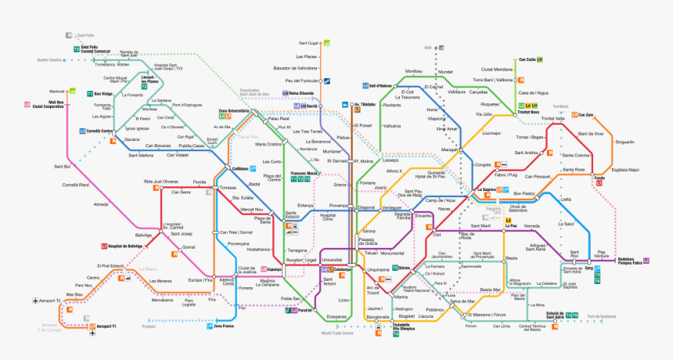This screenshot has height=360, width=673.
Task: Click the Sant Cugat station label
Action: tap(309, 43)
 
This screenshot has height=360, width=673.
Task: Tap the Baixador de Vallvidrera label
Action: tap(301, 69)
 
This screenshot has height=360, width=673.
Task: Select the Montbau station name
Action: tap(413, 71)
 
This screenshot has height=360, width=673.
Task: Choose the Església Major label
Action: tap(625, 169)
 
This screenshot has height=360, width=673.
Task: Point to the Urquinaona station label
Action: tap(379, 269)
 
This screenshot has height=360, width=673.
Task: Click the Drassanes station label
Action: tap(337, 316)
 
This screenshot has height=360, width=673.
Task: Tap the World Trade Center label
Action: tap(337, 333)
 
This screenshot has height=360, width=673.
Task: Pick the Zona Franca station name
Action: tap(225, 326)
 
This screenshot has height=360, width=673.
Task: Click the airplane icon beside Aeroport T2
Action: tap(35, 301)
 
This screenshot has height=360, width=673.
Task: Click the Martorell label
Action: tap(56, 92)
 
